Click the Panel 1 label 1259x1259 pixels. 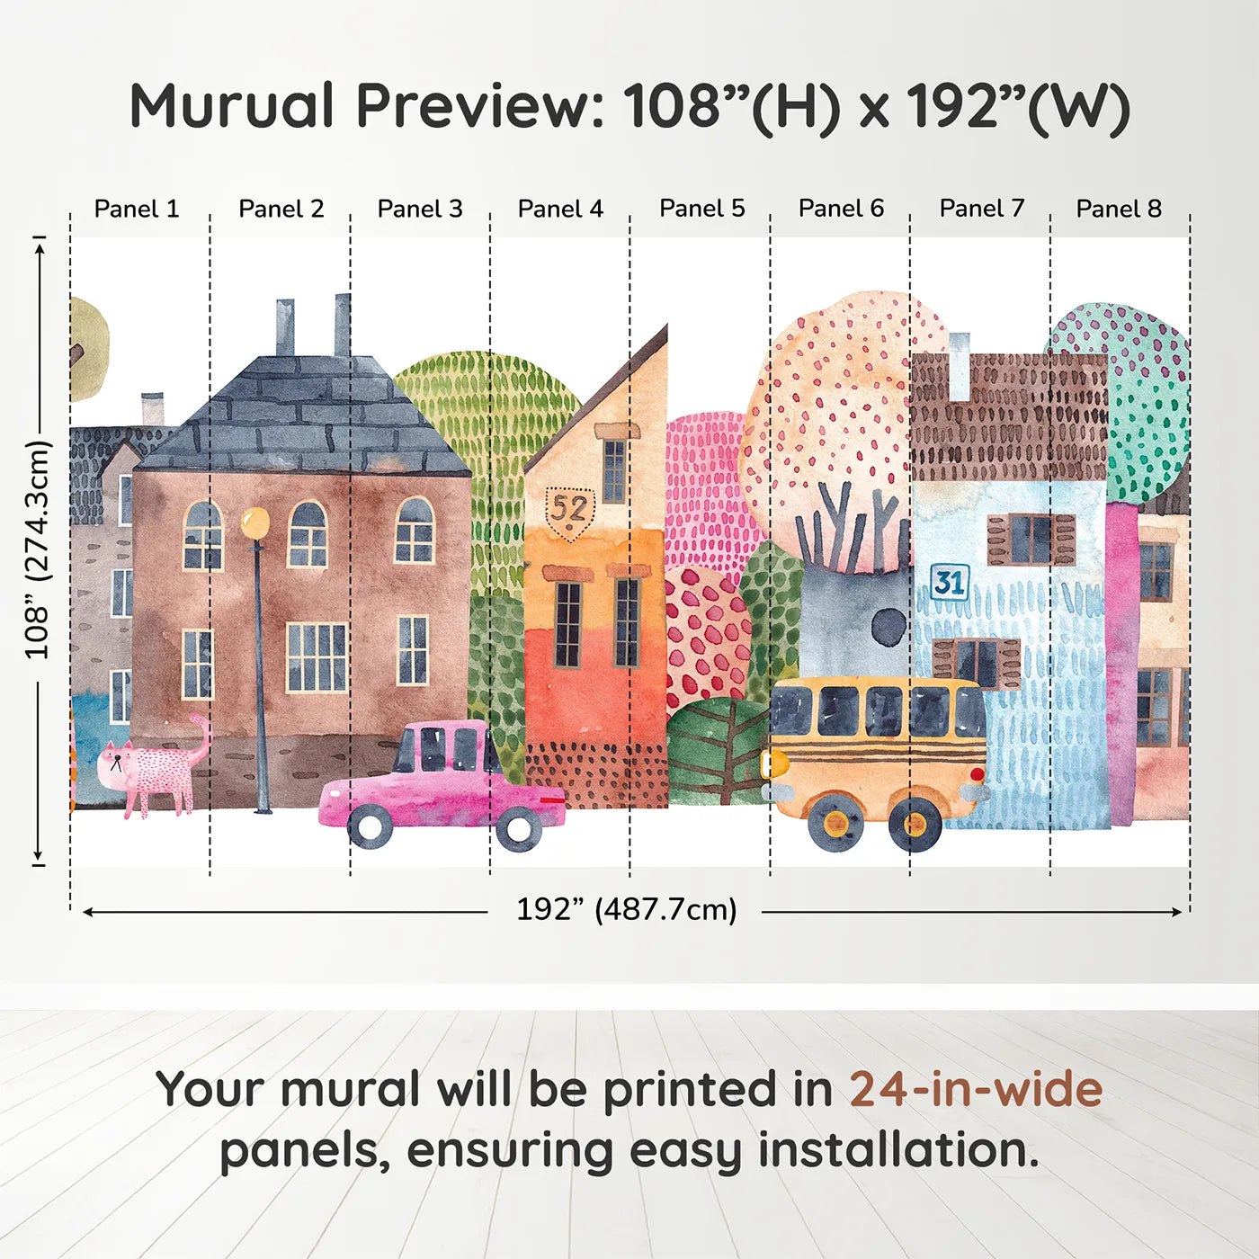coord(137,209)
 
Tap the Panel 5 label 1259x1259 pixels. coord(701,209)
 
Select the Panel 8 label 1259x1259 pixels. coord(1119,209)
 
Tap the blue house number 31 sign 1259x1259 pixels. coord(949,582)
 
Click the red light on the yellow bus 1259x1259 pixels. coord(977,773)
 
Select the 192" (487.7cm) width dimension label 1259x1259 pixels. coord(626,910)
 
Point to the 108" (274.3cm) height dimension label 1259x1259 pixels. coord(38,550)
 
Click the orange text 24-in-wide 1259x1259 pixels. coord(976,1090)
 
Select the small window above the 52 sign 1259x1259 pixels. coord(614,470)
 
